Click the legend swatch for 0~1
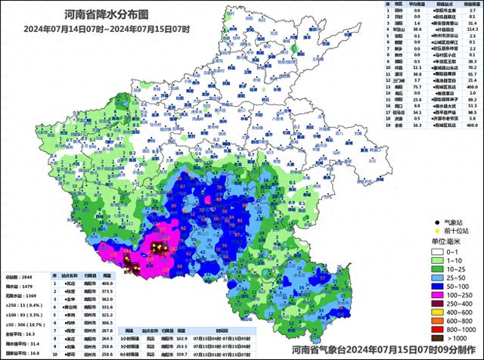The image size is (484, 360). point(437,251)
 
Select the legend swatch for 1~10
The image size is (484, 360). point(437,261)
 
